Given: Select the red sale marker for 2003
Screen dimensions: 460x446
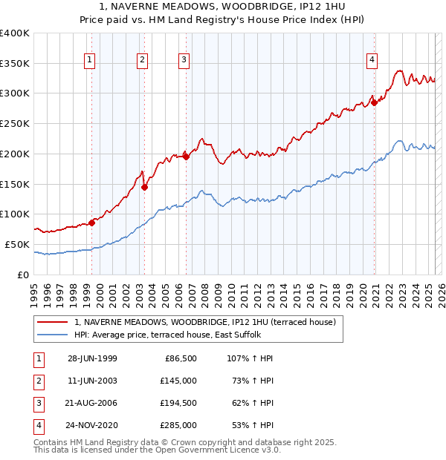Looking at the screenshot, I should [144, 187].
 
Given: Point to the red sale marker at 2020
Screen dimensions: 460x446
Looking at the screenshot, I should [375, 103].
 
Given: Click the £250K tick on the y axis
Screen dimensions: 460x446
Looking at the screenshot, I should [15, 123].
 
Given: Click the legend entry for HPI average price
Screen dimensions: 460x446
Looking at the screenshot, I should [167, 335].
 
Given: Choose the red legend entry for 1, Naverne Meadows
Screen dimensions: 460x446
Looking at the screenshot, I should [205, 322].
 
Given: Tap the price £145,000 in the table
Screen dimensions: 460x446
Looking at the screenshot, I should [179, 381].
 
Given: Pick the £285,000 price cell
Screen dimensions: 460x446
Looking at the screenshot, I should [179, 425].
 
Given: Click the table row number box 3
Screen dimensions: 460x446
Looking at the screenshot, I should [38, 403].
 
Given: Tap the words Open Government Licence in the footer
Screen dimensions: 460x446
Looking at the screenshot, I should [218, 450].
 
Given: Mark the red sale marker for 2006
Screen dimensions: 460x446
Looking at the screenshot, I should [186, 156].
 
